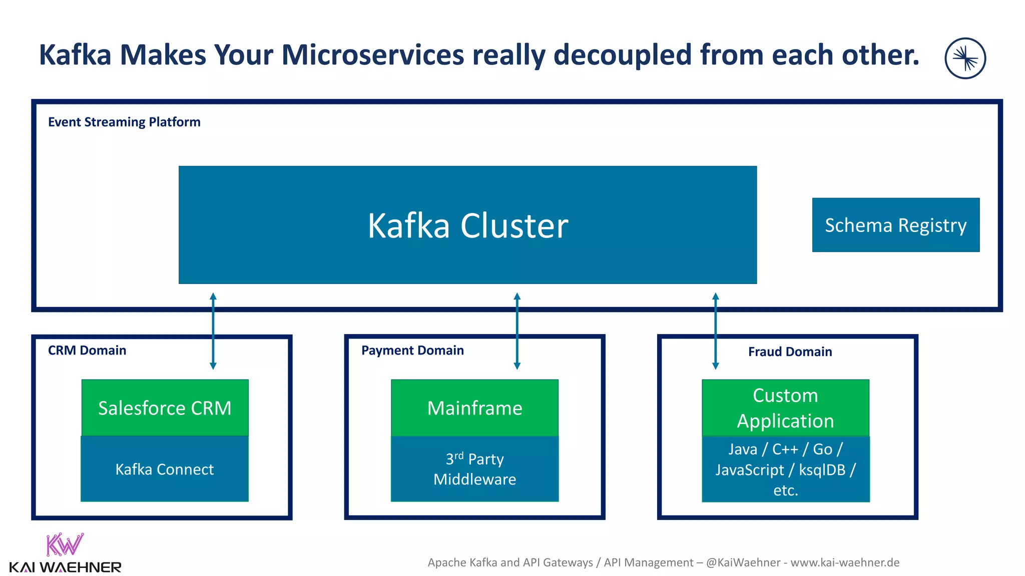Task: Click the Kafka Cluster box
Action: coord(467,225)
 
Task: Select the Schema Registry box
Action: coord(895,225)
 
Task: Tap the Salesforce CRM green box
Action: coord(165,408)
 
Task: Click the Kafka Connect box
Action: coord(165,469)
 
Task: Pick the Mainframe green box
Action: coord(474,408)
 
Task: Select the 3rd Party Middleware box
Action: coord(474,469)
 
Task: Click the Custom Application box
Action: coord(785,408)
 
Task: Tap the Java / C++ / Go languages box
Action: coord(785,469)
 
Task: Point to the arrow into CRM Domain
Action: coord(213,331)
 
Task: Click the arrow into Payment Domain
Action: coord(517,331)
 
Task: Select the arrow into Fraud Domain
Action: coord(716,331)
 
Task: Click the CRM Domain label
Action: coord(87,350)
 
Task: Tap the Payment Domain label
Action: coord(412,350)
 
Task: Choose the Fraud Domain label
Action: coord(790,352)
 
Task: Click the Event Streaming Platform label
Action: coord(124,122)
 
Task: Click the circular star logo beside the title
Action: coord(965,58)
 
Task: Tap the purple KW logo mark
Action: coord(65,545)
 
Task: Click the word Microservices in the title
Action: coord(373,55)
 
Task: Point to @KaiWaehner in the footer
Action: coord(743,562)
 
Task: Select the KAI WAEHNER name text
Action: coord(65,567)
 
